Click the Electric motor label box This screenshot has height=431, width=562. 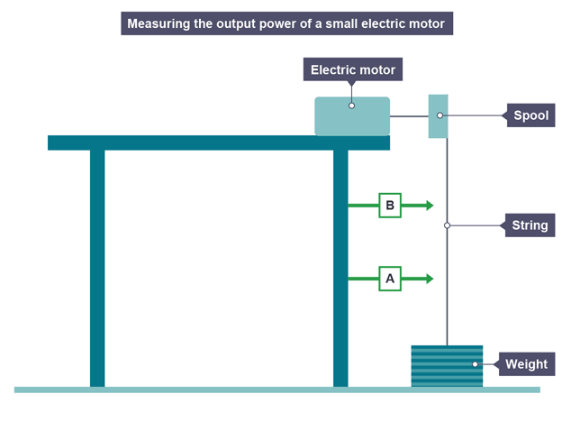tap(352, 69)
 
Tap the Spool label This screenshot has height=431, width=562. tap(530, 115)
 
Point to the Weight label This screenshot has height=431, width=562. tap(526, 364)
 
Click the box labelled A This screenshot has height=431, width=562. tap(390, 280)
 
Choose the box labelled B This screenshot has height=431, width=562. tap(390, 206)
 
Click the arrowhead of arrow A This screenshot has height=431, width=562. tap(430, 280)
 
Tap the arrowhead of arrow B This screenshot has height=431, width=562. tap(430, 206)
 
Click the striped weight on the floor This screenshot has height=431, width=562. tap(447, 366)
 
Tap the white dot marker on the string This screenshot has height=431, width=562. tap(447, 225)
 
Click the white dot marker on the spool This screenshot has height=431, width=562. tap(440, 115)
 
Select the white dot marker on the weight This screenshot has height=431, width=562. tap(475, 364)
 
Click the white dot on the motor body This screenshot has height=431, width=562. tap(351, 105)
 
